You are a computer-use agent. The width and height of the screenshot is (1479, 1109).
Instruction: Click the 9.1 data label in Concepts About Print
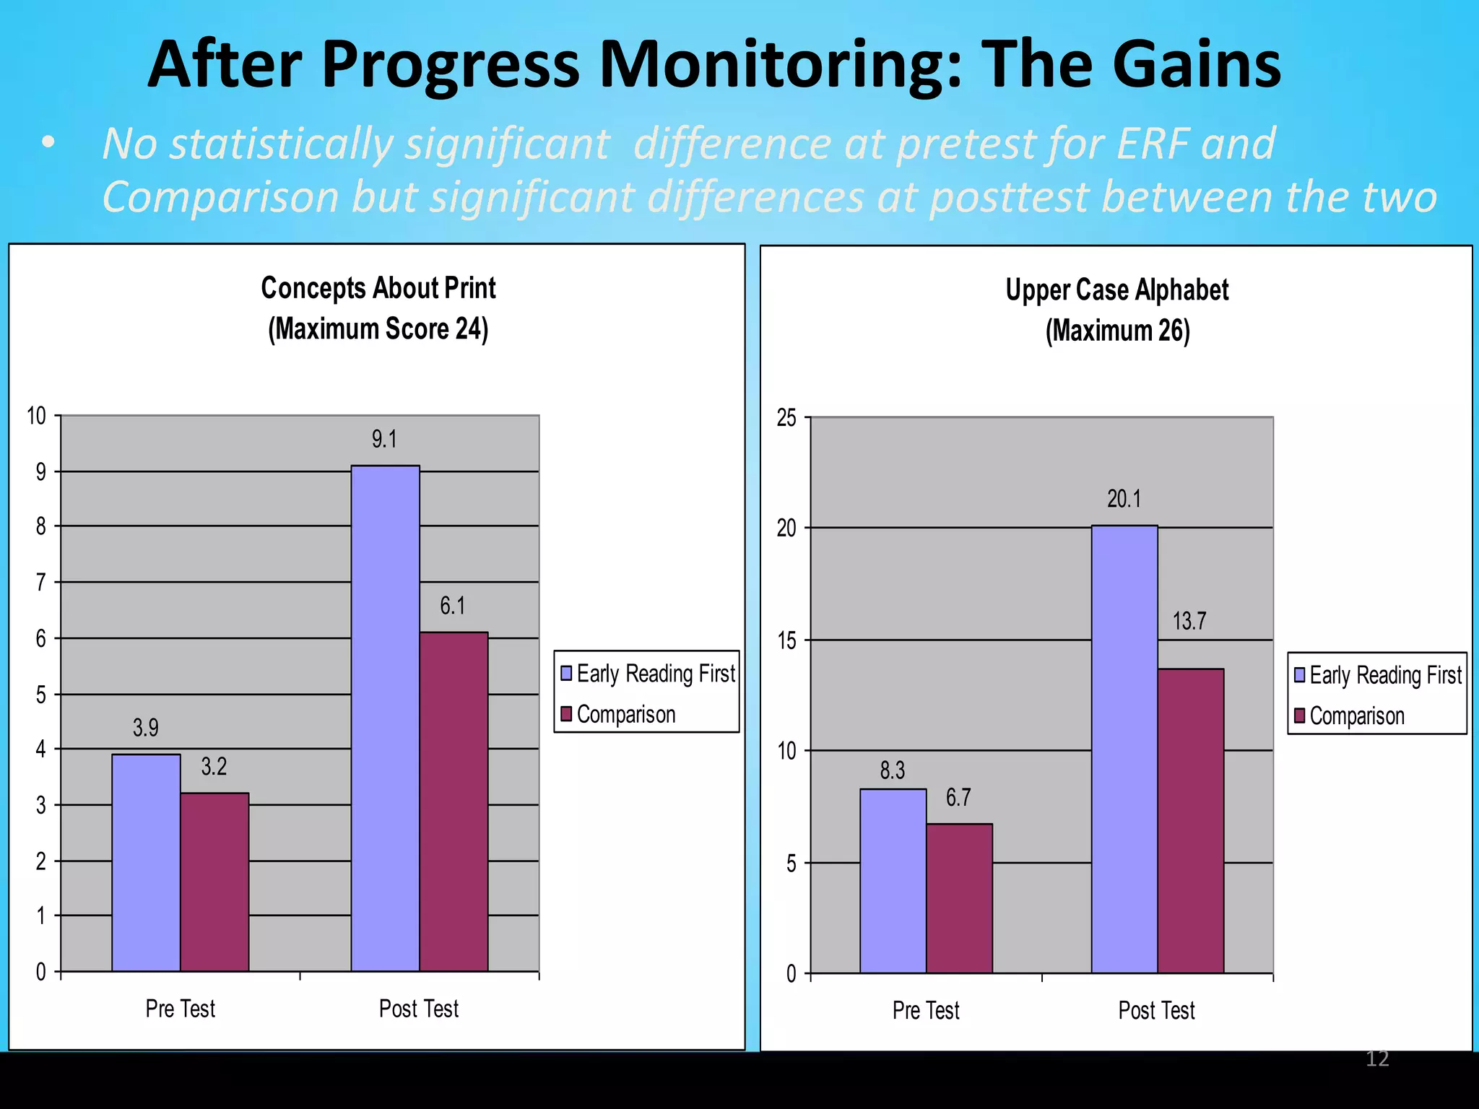click(384, 439)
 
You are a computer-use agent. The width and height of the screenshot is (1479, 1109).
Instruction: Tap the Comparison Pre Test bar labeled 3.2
click(214, 882)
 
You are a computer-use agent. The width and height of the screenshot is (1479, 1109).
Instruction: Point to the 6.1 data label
click(453, 606)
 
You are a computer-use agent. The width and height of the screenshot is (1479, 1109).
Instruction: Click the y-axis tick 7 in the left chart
click(41, 582)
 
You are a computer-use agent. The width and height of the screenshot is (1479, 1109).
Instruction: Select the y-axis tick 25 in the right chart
click(786, 418)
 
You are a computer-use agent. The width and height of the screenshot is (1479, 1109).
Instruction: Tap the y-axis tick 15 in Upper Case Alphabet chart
click(786, 640)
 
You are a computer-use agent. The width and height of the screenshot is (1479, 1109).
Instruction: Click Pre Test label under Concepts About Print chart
click(180, 1009)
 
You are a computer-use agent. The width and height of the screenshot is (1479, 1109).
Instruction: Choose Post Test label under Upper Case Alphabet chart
click(1156, 1010)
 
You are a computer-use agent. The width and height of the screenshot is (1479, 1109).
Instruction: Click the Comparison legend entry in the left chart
click(625, 714)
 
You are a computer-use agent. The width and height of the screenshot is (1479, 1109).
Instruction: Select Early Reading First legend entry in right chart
click(1384, 675)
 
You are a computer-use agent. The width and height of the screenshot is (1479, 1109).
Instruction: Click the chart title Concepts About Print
click(378, 288)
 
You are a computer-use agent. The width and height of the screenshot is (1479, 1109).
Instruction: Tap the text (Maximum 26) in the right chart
click(1117, 331)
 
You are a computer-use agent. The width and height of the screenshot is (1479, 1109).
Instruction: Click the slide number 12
click(1377, 1058)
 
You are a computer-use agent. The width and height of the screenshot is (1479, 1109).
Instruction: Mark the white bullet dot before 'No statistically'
click(48, 142)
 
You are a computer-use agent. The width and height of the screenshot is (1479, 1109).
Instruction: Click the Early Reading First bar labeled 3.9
click(146, 862)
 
